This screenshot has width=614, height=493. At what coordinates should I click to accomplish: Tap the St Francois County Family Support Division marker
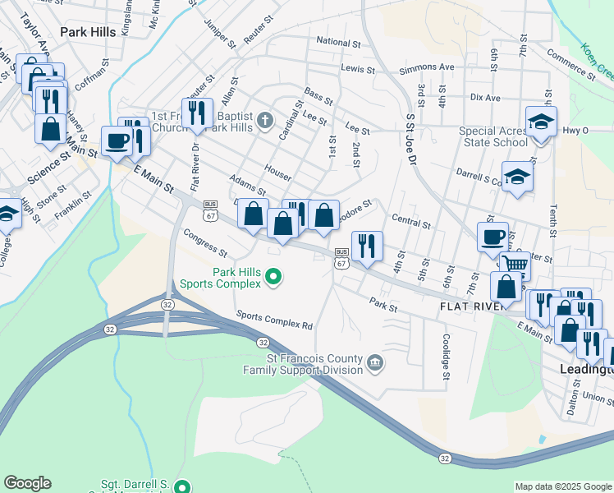[374, 362]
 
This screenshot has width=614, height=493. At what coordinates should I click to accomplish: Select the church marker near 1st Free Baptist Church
[264, 121]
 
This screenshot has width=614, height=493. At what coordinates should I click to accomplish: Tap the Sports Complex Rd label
[274, 320]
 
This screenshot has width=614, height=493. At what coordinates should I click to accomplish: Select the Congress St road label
[205, 242]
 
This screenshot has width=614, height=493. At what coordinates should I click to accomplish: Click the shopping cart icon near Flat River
[515, 265]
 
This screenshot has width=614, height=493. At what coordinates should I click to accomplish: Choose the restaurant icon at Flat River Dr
[196, 113]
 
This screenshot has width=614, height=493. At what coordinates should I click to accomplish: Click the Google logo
[28, 483]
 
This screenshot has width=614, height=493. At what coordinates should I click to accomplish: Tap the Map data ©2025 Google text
[562, 486]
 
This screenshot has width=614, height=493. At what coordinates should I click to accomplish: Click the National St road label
[338, 42]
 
